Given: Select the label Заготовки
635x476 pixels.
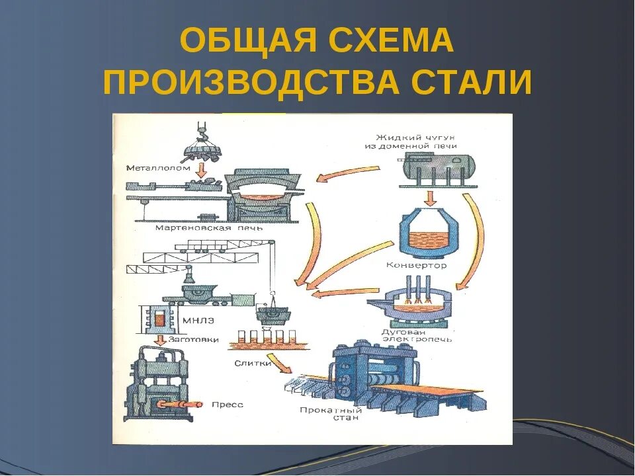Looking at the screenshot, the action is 191,338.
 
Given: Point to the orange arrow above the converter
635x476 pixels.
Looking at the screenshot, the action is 430,198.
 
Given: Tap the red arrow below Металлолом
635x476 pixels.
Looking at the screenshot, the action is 202,171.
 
